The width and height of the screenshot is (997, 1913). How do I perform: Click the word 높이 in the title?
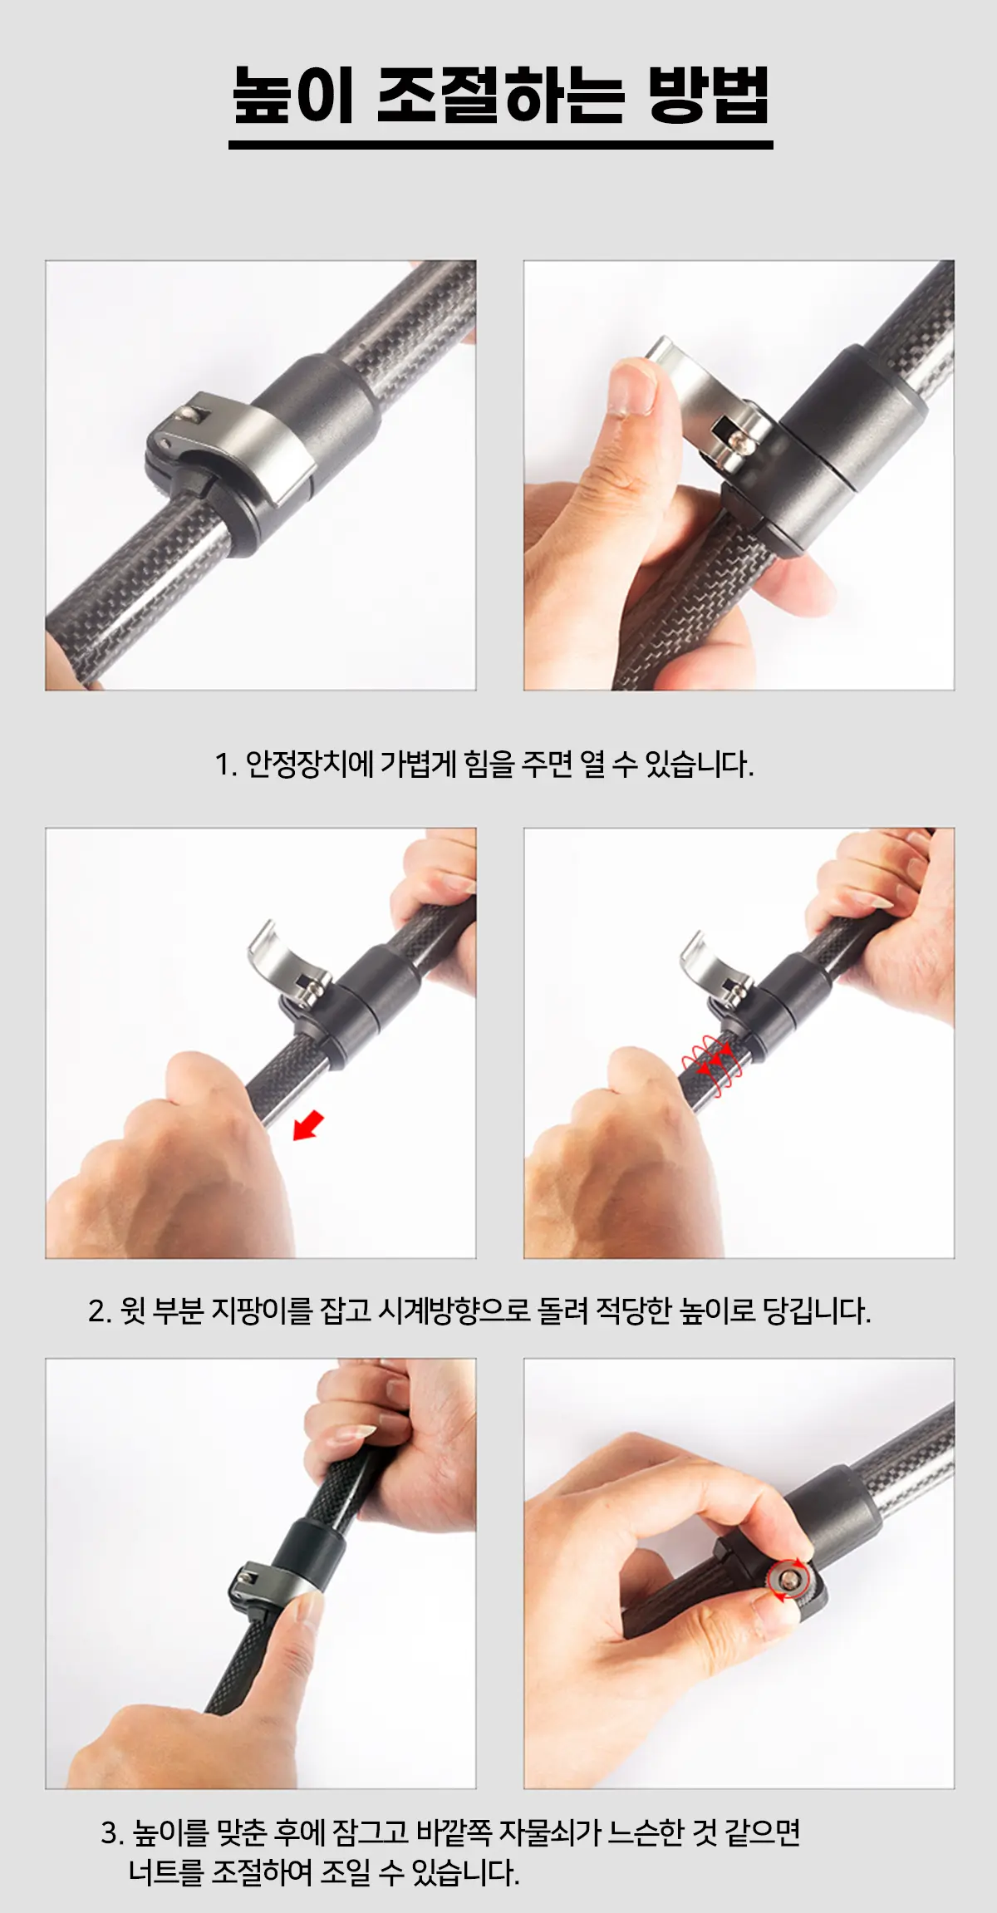click(x=293, y=95)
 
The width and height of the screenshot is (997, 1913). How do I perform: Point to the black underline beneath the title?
click(x=500, y=145)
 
